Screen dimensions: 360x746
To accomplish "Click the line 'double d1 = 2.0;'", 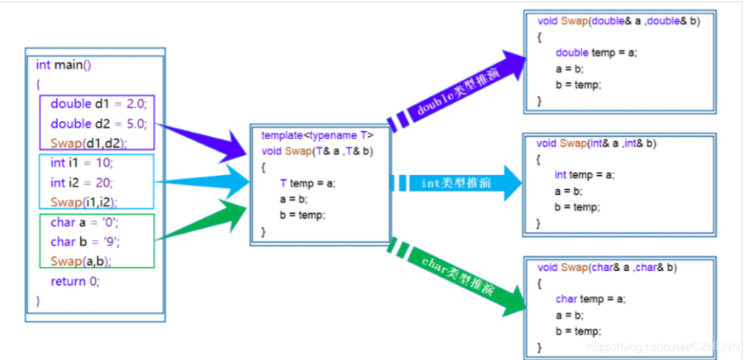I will [x=98, y=104].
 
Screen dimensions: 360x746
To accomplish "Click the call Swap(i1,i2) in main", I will [x=83, y=202].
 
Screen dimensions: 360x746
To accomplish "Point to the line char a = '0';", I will [x=84, y=223].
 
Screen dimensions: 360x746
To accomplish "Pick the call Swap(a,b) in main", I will [x=81, y=261].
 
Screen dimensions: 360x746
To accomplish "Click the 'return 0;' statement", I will [x=75, y=280].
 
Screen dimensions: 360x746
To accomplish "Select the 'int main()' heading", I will [x=64, y=65].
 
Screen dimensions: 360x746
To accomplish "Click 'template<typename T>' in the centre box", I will [x=317, y=135].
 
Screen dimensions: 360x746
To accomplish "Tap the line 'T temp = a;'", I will [x=308, y=184].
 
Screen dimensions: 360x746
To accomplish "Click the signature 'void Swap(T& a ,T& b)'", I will [x=317, y=151].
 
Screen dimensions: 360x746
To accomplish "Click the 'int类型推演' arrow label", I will [x=455, y=183].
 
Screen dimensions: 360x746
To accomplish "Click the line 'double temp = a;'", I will [x=596, y=53].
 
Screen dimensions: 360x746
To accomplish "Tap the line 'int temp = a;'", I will [x=584, y=175].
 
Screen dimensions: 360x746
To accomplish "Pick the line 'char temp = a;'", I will [x=591, y=299].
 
